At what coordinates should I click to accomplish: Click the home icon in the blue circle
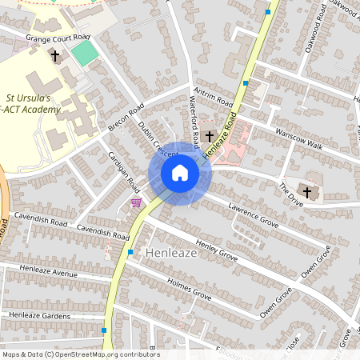(x=180, y=174)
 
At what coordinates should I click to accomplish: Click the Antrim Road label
(x=213, y=98)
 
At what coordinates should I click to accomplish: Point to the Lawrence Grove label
(x=253, y=214)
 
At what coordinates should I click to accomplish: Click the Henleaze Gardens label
(x=40, y=315)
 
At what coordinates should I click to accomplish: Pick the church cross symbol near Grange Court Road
(x=55, y=57)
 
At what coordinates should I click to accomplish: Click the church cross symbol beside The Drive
(x=307, y=193)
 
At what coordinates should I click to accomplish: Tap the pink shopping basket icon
(x=136, y=202)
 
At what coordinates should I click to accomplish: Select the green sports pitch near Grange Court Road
(x=84, y=54)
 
